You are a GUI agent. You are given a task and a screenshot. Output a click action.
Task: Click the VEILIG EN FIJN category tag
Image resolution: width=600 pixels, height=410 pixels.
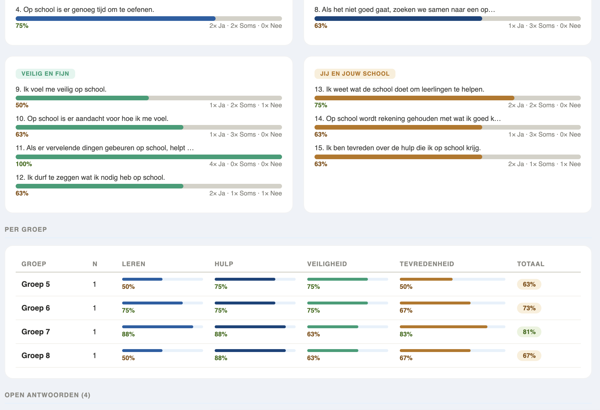[x=45, y=74]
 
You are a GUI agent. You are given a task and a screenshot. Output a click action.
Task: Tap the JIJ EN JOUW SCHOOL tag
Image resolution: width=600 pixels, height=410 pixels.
[x=355, y=74]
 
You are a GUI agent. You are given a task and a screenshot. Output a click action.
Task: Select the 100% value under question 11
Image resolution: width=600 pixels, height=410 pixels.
[x=24, y=164]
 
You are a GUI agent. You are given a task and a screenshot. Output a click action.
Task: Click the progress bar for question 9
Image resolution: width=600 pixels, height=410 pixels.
[x=149, y=98]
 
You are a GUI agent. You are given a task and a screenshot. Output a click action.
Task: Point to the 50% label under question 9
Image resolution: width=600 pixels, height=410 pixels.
[x=22, y=105]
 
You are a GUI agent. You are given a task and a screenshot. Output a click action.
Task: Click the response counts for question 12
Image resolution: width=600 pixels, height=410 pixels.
[x=245, y=193]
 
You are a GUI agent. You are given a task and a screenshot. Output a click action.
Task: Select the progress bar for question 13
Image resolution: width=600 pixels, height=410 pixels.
[x=447, y=98]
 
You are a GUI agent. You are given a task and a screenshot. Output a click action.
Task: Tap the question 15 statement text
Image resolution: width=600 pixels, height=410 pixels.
[x=397, y=148]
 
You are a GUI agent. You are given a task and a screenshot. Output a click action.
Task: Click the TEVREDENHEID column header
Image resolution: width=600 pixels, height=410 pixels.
[x=427, y=264]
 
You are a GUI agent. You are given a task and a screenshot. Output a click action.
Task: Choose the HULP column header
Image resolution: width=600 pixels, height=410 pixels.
[x=224, y=264]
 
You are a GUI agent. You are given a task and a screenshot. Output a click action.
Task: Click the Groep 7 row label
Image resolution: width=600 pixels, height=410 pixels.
[x=36, y=332]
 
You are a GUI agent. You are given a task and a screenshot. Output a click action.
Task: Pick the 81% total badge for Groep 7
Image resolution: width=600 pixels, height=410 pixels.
[x=529, y=332]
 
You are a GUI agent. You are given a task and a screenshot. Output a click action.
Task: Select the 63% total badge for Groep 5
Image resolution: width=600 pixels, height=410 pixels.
[x=529, y=284]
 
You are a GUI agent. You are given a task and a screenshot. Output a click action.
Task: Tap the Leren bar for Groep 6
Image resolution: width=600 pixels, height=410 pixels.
[x=162, y=303]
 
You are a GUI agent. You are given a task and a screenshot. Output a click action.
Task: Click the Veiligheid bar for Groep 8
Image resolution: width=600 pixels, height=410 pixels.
[x=347, y=351]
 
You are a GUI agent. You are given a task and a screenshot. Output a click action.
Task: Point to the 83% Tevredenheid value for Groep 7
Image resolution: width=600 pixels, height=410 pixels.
[x=406, y=334]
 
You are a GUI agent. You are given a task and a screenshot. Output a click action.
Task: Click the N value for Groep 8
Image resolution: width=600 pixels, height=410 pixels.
[x=94, y=355]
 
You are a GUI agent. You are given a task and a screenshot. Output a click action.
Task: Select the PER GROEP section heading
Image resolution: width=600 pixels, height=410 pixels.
[x=26, y=229]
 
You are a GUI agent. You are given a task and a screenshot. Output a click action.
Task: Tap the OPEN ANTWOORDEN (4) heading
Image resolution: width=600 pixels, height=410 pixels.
[x=48, y=395]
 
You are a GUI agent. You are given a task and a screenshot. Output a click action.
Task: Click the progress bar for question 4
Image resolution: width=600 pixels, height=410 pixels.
[x=149, y=19]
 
